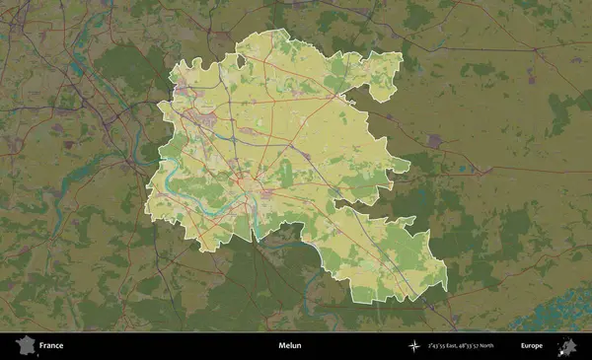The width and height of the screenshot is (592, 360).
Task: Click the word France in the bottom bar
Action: pyautogui.click(x=51, y=346)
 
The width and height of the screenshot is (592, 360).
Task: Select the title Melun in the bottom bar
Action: pyautogui.click(x=290, y=346)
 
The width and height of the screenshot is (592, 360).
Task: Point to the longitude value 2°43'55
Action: pyautogui.click(x=439, y=346)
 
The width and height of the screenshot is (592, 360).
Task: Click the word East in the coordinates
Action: pyautogui.click(x=461, y=346)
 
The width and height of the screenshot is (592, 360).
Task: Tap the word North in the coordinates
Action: pyautogui.click(x=509, y=346)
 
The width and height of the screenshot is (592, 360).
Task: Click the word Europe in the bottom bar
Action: pyautogui.click(x=532, y=346)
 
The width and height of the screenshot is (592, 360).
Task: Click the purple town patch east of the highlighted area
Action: pyautogui.click(x=435, y=141)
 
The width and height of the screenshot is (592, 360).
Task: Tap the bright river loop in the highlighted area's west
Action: pyautogui.click(x=170, y=179)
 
